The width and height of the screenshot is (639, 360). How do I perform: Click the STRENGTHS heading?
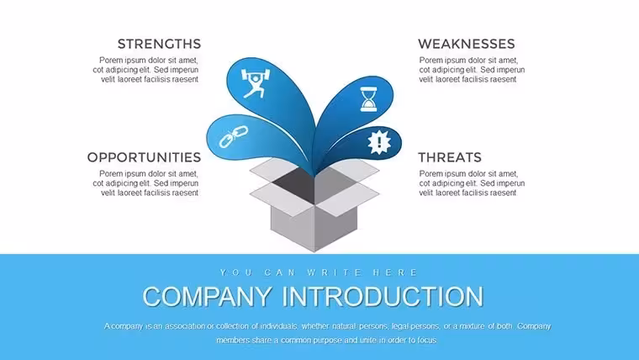pos(160,44)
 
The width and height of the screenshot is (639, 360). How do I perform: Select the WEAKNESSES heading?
pos(466,44)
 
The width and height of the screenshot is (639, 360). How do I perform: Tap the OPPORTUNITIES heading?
pos(144,157)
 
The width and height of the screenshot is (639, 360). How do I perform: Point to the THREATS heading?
pos(450,157)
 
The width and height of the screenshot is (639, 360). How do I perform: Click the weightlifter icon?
pos(256,83)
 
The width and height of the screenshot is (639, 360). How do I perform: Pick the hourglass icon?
pos(368,99)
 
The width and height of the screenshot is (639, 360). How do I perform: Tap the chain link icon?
pos(234,136)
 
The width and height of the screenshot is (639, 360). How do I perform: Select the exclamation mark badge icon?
pos(379,142)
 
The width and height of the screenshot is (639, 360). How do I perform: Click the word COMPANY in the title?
pos(208,296)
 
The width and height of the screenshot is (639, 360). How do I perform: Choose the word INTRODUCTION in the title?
pos(383,296)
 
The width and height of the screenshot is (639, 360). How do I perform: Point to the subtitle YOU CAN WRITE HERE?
pos(319,273)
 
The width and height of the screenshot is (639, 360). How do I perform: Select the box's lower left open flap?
pos(281,199)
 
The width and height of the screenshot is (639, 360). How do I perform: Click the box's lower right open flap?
pos(347,199)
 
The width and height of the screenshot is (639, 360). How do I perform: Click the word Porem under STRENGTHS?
pos(110,61)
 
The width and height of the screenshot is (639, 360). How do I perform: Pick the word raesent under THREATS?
pos(503,193)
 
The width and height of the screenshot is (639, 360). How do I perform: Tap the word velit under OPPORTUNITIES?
pos(108,193)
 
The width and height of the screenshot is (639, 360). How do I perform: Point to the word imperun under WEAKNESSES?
pos(510,70)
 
